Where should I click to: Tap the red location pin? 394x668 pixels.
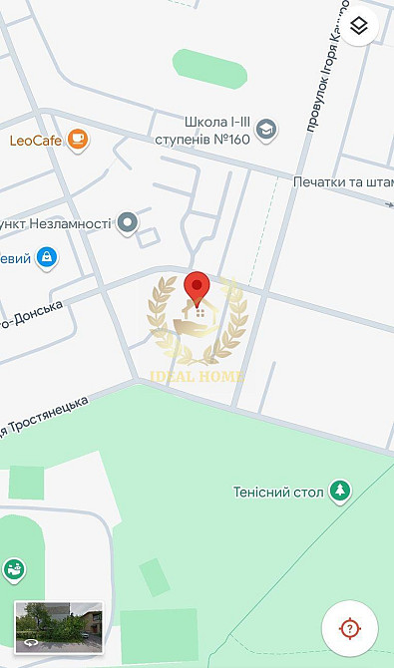pyautogui.click(x=197, y=288)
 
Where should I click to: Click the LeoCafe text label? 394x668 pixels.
pyautogui.click(x=36, y=141)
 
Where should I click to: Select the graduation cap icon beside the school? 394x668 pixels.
pyautogui.click(x=266, y=129)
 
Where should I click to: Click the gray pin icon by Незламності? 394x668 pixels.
pyautogui.click(x=127, y=222)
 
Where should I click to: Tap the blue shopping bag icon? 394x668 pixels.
pyautogui.click(x=45, y=258)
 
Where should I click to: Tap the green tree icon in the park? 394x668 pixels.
pyautogui.click(x=341, y=490)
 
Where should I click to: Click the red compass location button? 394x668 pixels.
pyautogui.click(x=349, y=628)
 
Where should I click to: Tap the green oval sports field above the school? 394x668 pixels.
pyautogui.click(x=209, y=68)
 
